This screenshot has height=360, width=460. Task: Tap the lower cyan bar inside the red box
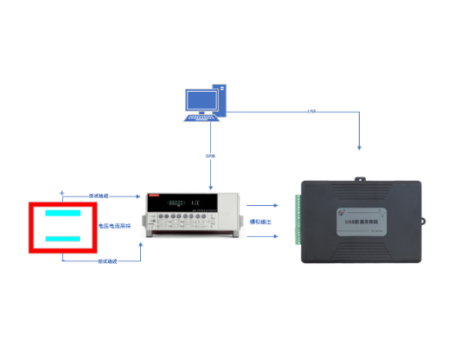pos(65,237)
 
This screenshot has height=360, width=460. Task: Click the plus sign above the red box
pos(61,192)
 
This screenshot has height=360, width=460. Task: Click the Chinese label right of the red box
pos(115,225)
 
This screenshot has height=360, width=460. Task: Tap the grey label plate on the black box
pos(359,222)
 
